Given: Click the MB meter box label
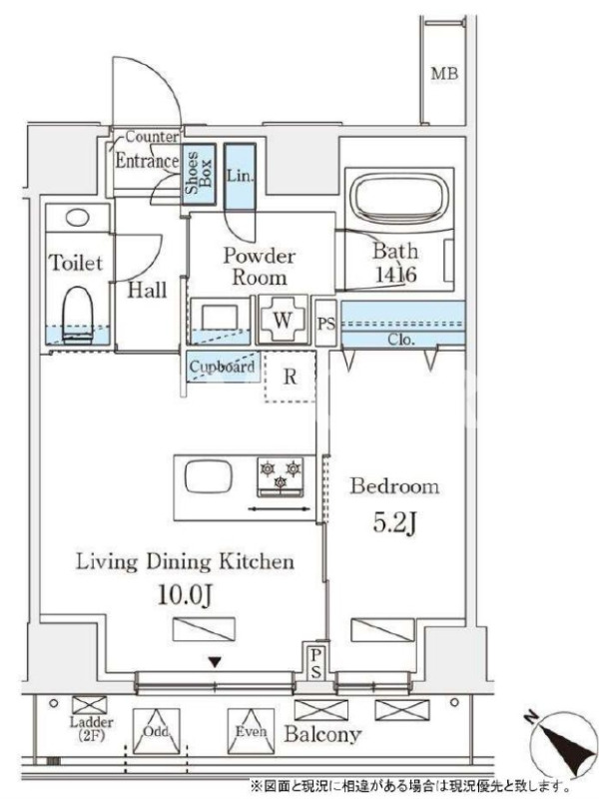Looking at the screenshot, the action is pyautogui.click(x=444, y=73).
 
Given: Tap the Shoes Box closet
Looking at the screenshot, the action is pyautogui.click(x=199, y=174).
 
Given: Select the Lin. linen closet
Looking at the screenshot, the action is pyautogui.click(x=240, y=177).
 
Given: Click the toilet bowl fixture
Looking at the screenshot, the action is pyautogui.click(x=78, y=313).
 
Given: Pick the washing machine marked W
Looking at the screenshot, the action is pyautogui.click(x=283, y=320).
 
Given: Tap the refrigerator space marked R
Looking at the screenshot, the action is pyautogui.click(x=290, y=377).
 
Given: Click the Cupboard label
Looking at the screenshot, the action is pyautogui.click(x=222, y=367).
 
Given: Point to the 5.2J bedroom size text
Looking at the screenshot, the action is pyautogui.click(x=395, y=523).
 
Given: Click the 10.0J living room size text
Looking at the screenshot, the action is pyautogui.click(x=185, y=594).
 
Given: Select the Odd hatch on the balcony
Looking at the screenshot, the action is pyautogui.click(x=156, y=732).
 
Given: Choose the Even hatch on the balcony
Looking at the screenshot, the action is pyautogui.click(x=251, y=732).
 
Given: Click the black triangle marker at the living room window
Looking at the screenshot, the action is pyautogui.click(x=216, y=662).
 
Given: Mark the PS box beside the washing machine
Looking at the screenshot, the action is pyautogui.click(x=326, y=324).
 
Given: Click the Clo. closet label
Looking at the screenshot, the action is pyautogui.click(x=400, y=340).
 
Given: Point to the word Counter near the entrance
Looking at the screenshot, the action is pyautogui.click(x=152, y=137).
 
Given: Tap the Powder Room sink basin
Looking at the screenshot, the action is pyautogui.click(x=220, y=319).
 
